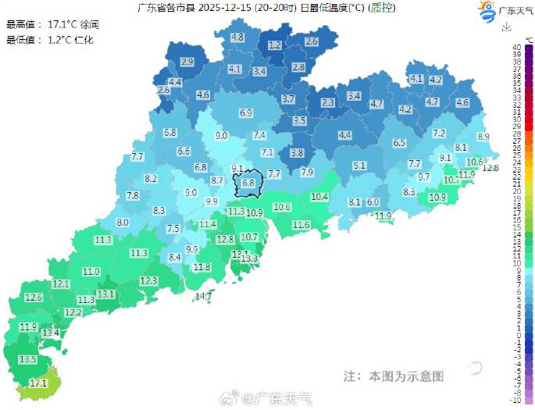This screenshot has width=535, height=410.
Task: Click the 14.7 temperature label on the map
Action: point(203,296)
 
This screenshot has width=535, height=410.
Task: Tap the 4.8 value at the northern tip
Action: point(237,37)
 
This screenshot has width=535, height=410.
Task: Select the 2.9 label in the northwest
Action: point(187,62)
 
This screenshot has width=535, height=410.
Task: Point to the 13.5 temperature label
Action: point(28,359)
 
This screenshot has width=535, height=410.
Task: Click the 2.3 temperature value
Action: point(328,102)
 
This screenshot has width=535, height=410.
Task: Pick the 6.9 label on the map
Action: point(246,113)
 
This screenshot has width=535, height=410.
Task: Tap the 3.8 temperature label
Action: point(297,153)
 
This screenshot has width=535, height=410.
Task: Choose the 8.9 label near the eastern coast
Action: point(483,137)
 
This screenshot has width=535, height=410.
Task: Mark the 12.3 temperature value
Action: point(148,280)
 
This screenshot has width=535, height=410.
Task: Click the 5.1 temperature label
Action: point(359,166)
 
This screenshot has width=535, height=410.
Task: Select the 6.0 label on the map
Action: point(373,202)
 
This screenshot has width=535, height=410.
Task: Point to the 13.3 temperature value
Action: point(249,258)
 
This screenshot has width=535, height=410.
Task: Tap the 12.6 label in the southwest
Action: point(34,298)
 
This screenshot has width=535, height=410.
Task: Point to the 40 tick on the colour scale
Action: point(518,48)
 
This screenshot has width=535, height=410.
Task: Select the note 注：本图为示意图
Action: point(393,376)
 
